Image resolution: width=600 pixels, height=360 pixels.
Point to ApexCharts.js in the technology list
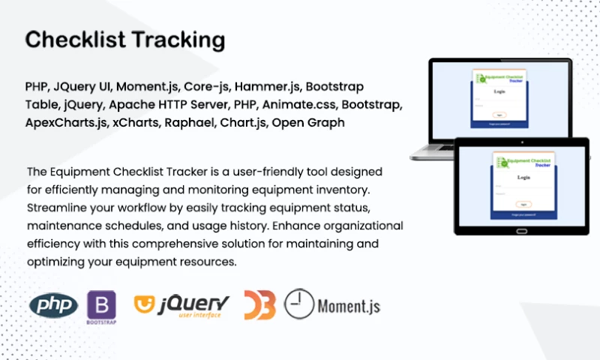(x=66, y=122)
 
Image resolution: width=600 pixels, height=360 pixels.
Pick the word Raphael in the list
(x=192, y=122)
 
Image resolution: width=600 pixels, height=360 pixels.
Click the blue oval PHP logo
(x=53, y=305)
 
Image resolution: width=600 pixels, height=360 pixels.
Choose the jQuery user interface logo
(x=182, y=305)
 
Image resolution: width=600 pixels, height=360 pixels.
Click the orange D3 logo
(x=259, y=305)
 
